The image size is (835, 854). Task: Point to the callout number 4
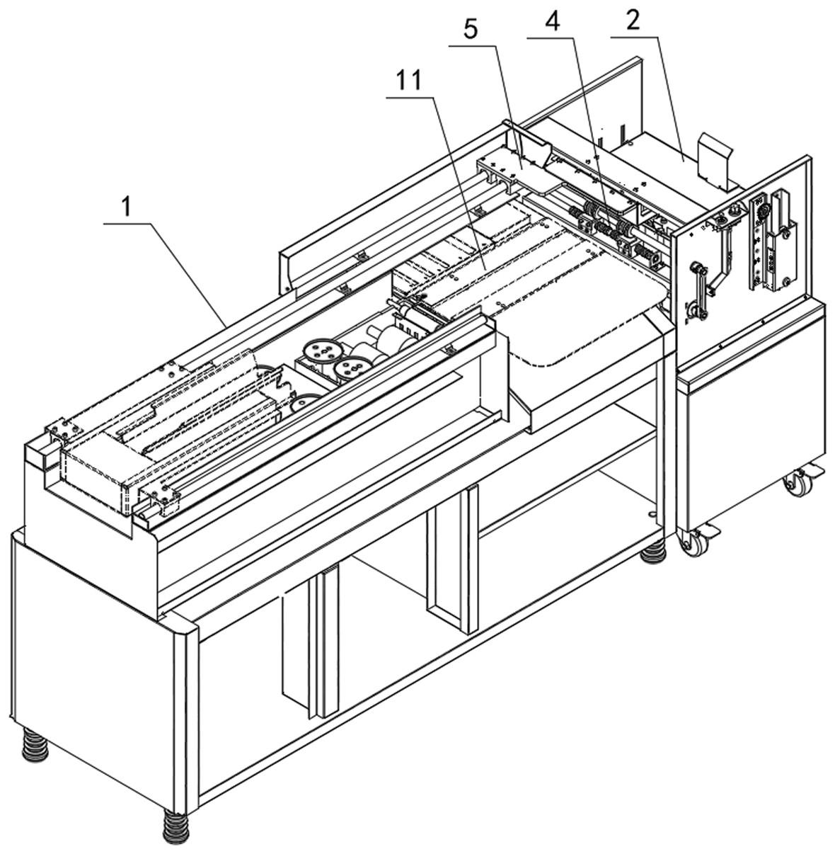(552, 21)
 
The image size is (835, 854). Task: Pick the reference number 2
(632, 21)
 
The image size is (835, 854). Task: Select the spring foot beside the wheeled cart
(653, 551)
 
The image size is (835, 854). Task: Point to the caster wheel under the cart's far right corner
(797, 482)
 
